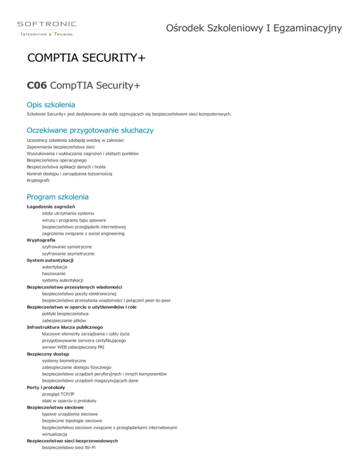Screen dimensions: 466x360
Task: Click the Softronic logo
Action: [x=46, y=27]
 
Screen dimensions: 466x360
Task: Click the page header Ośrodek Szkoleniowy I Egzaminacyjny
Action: [x=254, y=29]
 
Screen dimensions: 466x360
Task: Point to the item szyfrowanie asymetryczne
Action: [x=68, y=253]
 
